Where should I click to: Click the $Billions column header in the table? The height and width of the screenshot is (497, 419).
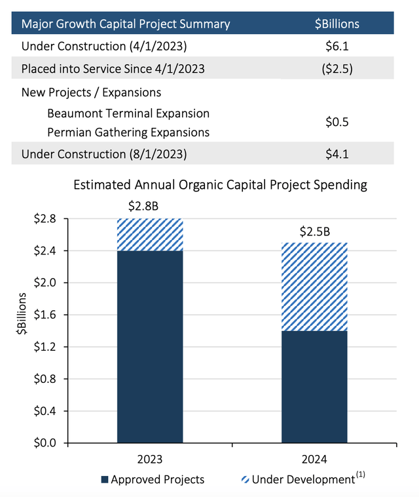click(x=337, y=24)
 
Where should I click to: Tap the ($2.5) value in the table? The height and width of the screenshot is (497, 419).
click(x=337, y=69)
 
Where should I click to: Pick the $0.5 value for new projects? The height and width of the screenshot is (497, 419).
click(x=337, y=123)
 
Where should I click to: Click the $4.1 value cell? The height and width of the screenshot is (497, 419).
click(x=337, y=154)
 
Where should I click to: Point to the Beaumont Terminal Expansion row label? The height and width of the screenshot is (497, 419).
click(x=128, y=113)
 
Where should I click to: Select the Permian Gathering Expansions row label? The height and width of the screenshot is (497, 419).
click(x=128, y=132)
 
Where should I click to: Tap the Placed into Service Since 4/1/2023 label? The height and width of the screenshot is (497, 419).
click(x=108, y=69)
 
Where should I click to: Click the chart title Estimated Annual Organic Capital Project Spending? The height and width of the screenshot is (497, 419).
click(x=220, y=184)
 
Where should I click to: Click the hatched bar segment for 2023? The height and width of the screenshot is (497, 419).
click(x=150, y=235)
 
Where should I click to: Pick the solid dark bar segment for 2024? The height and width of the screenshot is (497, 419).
click(x=314, y=387)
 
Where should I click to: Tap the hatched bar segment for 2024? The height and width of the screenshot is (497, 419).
click(x=314, y=287)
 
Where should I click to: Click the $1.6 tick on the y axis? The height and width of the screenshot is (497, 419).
click(x=46, y=315)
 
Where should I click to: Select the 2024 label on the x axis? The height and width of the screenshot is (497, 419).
click(x=314, y=459)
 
